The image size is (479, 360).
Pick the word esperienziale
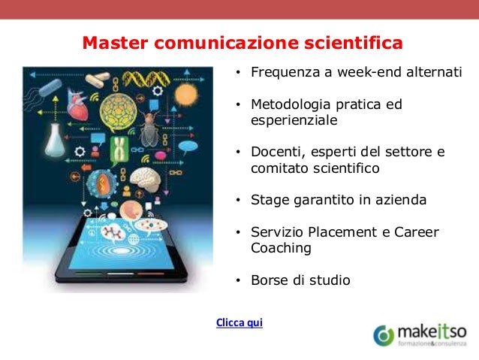[x=294, y=120]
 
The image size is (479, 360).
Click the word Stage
[x=268, y=200]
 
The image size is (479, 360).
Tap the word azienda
[x=402, y=200]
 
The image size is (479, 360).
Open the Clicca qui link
[x=239, y=323]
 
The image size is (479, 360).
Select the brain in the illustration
[x=146, y=178]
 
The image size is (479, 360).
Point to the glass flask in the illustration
[x=54, y=139]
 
